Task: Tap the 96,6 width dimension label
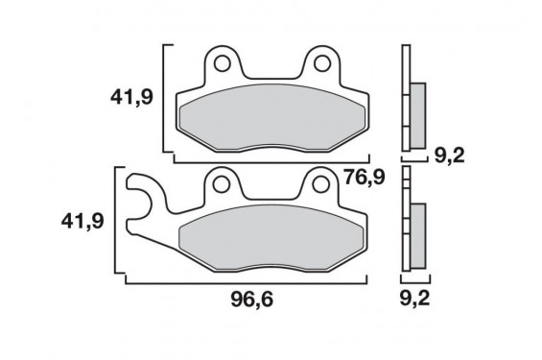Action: coord(252,300)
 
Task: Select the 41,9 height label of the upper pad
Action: coord(131,97)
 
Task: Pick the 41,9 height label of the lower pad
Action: coord(82,222)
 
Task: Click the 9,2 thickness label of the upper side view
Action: coord(449,156)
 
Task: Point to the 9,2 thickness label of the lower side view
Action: coord(414,299)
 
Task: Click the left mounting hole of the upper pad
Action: coord(222,63)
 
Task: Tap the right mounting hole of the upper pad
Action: coord(321,63)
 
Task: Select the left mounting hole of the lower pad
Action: coord(222,184)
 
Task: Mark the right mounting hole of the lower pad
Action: coord(320,184)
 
